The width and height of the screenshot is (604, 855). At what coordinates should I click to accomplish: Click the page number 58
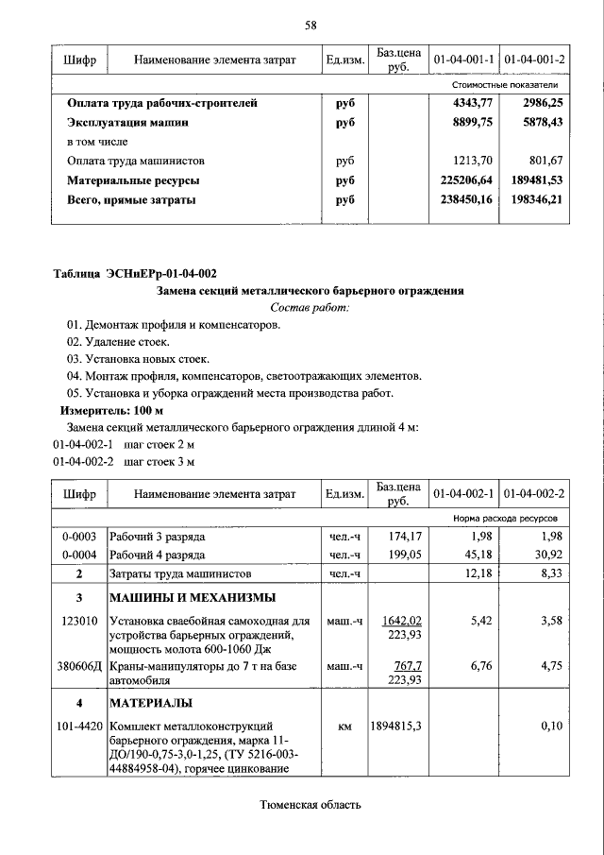click(310, 25)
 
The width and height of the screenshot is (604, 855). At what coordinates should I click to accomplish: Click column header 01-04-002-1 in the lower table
click(464, 494)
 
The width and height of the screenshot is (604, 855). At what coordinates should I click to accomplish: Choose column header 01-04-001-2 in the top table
click(534, 60)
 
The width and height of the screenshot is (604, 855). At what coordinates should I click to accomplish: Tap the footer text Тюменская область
click(310, 805)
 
